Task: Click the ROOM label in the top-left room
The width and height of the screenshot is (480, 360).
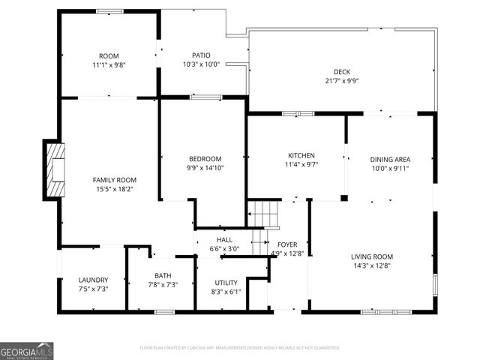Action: [109, 55]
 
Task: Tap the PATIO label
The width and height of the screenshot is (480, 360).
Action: [201, 55]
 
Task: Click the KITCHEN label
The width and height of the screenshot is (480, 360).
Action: [295, 156]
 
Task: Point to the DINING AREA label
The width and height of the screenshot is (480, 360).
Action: [390, 159]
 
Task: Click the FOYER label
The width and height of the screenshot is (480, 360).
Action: [287, 244]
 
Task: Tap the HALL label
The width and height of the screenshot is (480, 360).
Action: [224, 239]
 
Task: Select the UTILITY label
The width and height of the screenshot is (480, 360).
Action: [226, 283]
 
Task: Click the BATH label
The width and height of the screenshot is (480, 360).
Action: [163, 276]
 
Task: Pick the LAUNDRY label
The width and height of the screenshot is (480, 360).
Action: [93, 280]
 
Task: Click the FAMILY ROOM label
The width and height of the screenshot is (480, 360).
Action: [114, 180]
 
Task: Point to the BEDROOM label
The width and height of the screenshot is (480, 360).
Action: [205, 158]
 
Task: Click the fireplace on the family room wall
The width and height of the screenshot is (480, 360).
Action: [55, 170]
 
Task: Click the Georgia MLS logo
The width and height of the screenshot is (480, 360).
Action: [27, 351]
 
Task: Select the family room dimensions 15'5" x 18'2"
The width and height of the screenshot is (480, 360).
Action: [114, 190]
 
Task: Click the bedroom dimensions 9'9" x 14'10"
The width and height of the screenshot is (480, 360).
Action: [205, 168]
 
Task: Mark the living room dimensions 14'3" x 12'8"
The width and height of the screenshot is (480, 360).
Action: [372, 265]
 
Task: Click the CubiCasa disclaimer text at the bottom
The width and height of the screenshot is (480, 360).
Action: [240, 348]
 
